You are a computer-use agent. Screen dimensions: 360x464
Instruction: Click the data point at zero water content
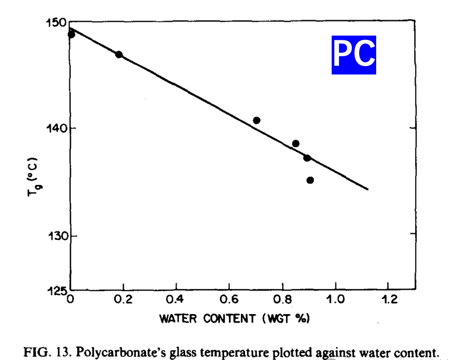pyautogui.click(x=71, y=34)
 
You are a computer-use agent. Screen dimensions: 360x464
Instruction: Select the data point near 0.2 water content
pyautogui.click(x=119, y=54)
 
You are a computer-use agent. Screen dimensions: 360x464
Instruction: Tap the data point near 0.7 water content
pyautogui.click(x=256, y=120)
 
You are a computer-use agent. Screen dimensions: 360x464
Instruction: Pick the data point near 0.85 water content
pyautogui.click(x=295, y=144)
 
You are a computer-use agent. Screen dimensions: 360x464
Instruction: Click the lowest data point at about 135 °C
pyautogui.click(x=310, y=180)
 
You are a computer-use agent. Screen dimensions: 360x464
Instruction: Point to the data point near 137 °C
pyautogui.click(x=307, y=158)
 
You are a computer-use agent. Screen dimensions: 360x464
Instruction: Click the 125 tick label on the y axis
pyautogui.click(x=57, y=291)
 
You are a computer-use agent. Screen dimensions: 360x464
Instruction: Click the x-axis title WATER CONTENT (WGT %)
pyautogui.click(x=235, y=319)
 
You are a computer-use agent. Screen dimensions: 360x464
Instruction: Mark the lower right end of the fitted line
pyautogui.click(x=368, y=189)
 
